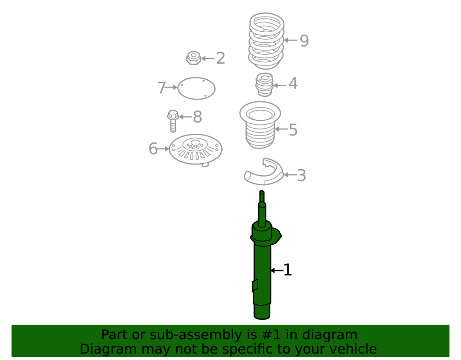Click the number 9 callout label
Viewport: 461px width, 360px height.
click(304, 41)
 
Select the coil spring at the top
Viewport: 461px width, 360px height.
click(266, 41)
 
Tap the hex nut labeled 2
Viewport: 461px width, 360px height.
click(194, 58)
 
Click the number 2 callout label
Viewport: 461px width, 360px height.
click(220, 58)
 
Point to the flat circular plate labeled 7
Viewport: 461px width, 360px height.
click(196, 88)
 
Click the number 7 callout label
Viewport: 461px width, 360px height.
click(162, 88)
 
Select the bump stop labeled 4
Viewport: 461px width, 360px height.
click(264, 85)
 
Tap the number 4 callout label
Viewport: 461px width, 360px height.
click(293, 83)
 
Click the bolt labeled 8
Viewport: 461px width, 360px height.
click(173, 121)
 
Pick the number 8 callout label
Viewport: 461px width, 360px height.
click(197, 117)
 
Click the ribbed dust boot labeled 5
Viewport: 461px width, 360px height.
click(260, 125)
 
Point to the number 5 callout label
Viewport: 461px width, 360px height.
click(293, 130)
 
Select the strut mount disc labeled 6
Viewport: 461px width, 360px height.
click(195, 150)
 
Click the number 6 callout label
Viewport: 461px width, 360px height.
click(153, 149)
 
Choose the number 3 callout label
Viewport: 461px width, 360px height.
click(301, 176)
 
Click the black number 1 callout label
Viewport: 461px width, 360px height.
click(288, 270)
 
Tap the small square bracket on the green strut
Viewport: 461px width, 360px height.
click(255, 285)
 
